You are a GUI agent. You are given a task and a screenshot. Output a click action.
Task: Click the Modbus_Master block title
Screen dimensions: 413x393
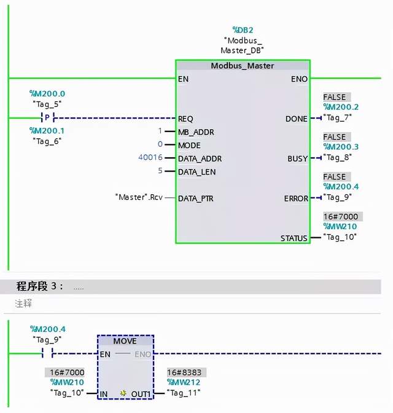243,66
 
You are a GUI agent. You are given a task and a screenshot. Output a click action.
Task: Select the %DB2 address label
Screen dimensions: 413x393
242,29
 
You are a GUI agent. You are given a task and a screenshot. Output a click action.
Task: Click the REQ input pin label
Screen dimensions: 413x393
185,119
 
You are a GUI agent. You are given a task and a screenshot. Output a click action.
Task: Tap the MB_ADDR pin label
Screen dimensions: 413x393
196,132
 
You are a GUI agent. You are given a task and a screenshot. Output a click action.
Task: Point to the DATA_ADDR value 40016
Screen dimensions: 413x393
150,158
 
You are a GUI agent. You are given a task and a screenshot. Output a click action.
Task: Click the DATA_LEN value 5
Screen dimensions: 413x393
160,171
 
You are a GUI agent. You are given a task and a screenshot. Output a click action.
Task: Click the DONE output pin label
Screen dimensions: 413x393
296,119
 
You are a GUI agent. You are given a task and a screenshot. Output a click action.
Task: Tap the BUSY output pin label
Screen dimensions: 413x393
297,159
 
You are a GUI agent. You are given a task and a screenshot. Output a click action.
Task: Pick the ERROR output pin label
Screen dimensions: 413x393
295,199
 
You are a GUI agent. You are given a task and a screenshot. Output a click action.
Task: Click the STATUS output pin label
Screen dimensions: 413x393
294,238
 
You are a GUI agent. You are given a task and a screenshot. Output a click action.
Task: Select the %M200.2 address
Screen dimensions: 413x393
341,107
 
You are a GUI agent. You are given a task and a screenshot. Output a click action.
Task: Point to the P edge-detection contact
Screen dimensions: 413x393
47,117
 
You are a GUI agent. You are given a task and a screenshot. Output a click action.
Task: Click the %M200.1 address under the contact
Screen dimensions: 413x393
46,130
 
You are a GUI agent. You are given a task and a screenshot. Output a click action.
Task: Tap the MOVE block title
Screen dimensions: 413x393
125,341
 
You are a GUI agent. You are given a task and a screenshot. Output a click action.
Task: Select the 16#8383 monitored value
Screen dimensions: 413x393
187,372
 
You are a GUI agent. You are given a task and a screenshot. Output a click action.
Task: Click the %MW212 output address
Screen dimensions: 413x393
184,382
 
